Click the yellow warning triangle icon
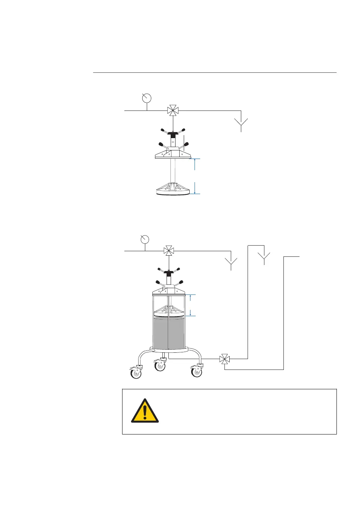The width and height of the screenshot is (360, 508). click(x=145, y=411)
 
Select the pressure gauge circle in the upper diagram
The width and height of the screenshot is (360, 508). click(x=147, y=98)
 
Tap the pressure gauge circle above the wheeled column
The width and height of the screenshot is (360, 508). click(x=145, y=239)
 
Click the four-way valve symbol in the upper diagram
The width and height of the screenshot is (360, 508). click(x=173, y=110)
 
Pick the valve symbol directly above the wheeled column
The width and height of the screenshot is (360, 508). click(x=169, y=251)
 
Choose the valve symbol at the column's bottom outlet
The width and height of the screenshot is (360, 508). click(x=224, y=359)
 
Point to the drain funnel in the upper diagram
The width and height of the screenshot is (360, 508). click(x=241, y=123)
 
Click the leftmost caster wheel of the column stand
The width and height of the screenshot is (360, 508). click(x=136, y=373)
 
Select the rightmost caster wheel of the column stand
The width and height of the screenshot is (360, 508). click(x=197, y=372)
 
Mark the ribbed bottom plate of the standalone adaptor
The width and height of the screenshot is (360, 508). click(x=173, y=188)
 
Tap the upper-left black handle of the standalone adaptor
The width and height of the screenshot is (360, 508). click(x=164, y=130)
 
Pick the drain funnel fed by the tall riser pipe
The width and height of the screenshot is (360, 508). click(x=264, y=257)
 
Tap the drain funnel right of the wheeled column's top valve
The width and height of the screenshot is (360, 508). click(x=231, y=263)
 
